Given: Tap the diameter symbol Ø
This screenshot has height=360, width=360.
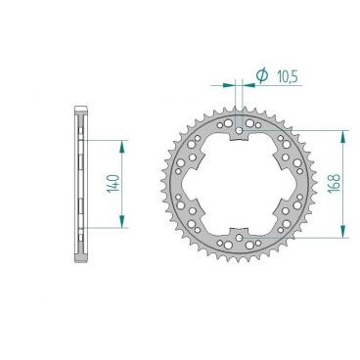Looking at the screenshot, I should click(262, 74).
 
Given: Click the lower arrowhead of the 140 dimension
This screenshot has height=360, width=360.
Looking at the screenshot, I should click(122, 223).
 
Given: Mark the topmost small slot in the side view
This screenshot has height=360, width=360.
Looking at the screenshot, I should click(78, 126).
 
